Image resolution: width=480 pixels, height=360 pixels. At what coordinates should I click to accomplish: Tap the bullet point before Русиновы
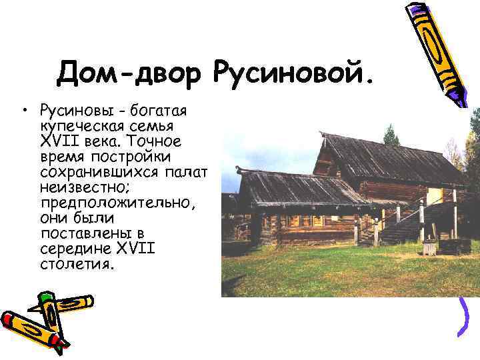[x=23, y=109]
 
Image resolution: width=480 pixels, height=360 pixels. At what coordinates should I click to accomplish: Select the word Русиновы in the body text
[x=73, y=109]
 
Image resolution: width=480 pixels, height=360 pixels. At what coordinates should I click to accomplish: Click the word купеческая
[x=81, y=125]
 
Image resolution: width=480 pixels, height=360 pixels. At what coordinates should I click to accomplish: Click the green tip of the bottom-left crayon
[x=47, y=297]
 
